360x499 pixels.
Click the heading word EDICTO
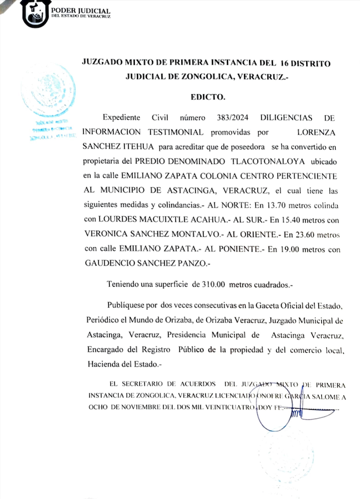click(208, 97)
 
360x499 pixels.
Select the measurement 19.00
click(280, 249)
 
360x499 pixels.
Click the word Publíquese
click(126, 305)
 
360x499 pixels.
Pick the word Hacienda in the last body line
click(104, 364)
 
